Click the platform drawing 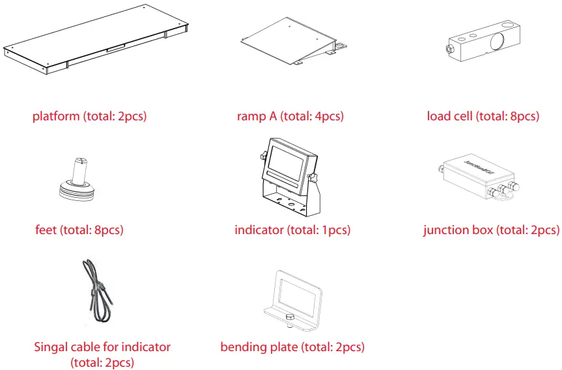[x=98, y=39]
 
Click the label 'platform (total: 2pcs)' [x=89, y=116]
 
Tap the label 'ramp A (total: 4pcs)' [x=290, y=116]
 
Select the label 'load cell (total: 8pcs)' [x=483, y=116]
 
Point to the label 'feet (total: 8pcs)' [x=79, y=230]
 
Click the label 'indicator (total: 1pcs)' [x=292, y=230]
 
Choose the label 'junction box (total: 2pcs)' [x=491, y=230]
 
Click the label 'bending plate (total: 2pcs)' [x=292, y=347]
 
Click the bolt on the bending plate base [x=289, y=317]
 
